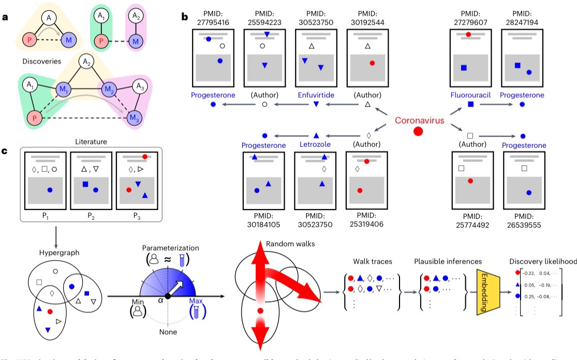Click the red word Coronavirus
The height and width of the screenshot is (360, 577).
click(x=420, y=120)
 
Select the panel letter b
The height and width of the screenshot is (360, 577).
click(x=184, y=17)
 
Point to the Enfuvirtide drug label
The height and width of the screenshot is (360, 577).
click(x=315, y=95)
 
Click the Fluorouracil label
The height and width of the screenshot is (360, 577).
click(x=470, y=95)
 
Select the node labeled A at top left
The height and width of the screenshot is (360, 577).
click(x=50, y=19)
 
